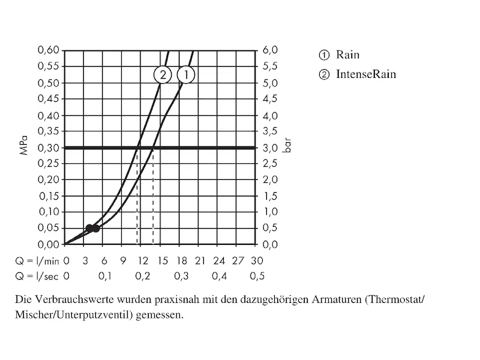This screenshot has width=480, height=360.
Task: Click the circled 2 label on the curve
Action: pyautogui.click(x=163, y=75)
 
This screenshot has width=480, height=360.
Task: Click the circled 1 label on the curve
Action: pyautogui.click(x=186, y=75)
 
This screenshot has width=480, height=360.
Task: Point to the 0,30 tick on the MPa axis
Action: pyautogui.click(x=49, y=148)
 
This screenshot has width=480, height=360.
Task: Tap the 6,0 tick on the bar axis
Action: pyautogui.click(x=271, y=50)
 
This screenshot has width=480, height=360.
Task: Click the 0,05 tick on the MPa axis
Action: pyautogui.click(x=49, y=228)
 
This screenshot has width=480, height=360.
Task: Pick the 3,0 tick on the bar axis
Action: pyautogui.click(x=271, y=148)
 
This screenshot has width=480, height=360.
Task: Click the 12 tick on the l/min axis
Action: pyautogui.click(x=142, y=260)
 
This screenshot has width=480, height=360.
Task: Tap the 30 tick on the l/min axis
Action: pyautogui.click(x=257, y=260)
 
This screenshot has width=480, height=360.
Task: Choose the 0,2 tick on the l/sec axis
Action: pyautogui.click(x=142, y=276)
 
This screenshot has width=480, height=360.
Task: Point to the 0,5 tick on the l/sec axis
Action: pyautogui.click(x=257, y=276)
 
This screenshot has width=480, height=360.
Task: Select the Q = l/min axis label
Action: pyautogui.click(x=38, y=260)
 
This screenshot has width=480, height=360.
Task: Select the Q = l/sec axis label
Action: pyautogui.click(x=38, y=276)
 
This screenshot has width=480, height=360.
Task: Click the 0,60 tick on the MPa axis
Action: pyautogui.click(x=49, y=50)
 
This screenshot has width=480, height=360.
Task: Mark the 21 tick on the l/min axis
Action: pyautogui.click(x=200, y=260)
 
